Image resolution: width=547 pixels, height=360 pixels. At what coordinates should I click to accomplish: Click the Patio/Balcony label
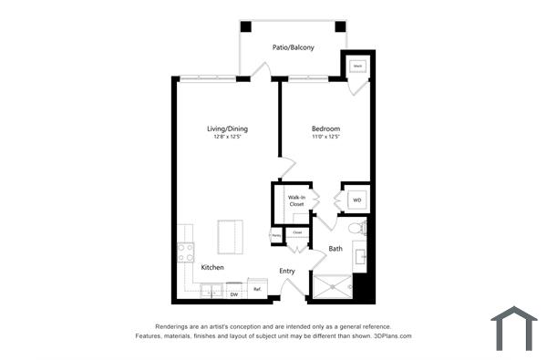[294, 47]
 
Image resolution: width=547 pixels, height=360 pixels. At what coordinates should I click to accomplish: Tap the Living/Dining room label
[227, 129]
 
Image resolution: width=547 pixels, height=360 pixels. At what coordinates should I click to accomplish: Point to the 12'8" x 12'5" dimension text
[227, 138]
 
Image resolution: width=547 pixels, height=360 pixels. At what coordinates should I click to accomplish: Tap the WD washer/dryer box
[356, 200]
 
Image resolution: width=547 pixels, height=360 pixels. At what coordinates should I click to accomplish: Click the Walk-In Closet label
[296, 201]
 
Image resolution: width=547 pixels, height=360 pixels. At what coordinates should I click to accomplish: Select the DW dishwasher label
[233, 294]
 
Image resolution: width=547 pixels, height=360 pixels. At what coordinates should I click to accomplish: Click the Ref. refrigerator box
[258, 290]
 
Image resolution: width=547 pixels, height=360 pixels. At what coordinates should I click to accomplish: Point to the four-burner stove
[186, 251]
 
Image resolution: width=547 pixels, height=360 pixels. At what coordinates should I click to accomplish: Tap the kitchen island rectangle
[231, 238]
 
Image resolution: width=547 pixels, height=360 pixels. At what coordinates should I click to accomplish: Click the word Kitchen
[212, 267]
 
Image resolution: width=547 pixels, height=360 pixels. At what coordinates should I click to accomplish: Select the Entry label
[286, 271]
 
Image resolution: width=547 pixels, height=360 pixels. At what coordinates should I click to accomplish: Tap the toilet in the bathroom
[356, 227]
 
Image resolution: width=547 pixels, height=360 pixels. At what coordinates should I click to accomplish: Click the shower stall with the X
[332, 287]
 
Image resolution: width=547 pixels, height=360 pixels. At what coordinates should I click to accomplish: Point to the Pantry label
[275, 236]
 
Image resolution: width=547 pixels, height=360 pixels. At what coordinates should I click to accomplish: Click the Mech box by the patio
[357, 66]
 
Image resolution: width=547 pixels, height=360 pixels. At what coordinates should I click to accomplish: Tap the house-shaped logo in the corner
[514, 328]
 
